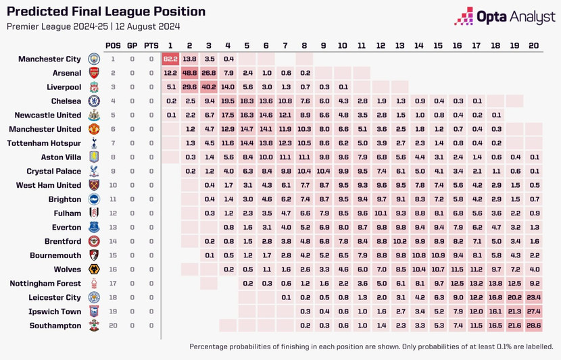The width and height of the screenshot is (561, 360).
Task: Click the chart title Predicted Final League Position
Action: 105,11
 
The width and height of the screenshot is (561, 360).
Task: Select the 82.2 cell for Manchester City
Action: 170,59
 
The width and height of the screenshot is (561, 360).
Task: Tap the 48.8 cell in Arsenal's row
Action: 190,73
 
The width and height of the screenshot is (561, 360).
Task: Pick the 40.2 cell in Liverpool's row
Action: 209,87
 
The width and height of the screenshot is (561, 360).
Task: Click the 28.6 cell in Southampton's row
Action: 533,326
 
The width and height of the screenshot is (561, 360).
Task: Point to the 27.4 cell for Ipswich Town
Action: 533,311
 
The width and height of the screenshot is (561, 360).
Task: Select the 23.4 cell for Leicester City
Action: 533,297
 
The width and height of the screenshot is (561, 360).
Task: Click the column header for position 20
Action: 533,45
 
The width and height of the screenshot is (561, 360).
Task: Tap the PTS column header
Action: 151,45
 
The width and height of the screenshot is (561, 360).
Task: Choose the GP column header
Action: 132,45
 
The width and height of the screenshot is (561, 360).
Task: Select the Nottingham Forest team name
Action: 47,284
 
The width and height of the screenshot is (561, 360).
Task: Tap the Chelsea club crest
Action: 94,101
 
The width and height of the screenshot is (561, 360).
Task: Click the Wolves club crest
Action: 94,269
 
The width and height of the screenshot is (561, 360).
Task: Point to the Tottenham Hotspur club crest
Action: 94,143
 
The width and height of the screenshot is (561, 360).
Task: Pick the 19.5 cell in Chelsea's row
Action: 228,101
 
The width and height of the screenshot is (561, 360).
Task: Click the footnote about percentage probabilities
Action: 371,346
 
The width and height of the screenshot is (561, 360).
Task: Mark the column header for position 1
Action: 170,45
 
